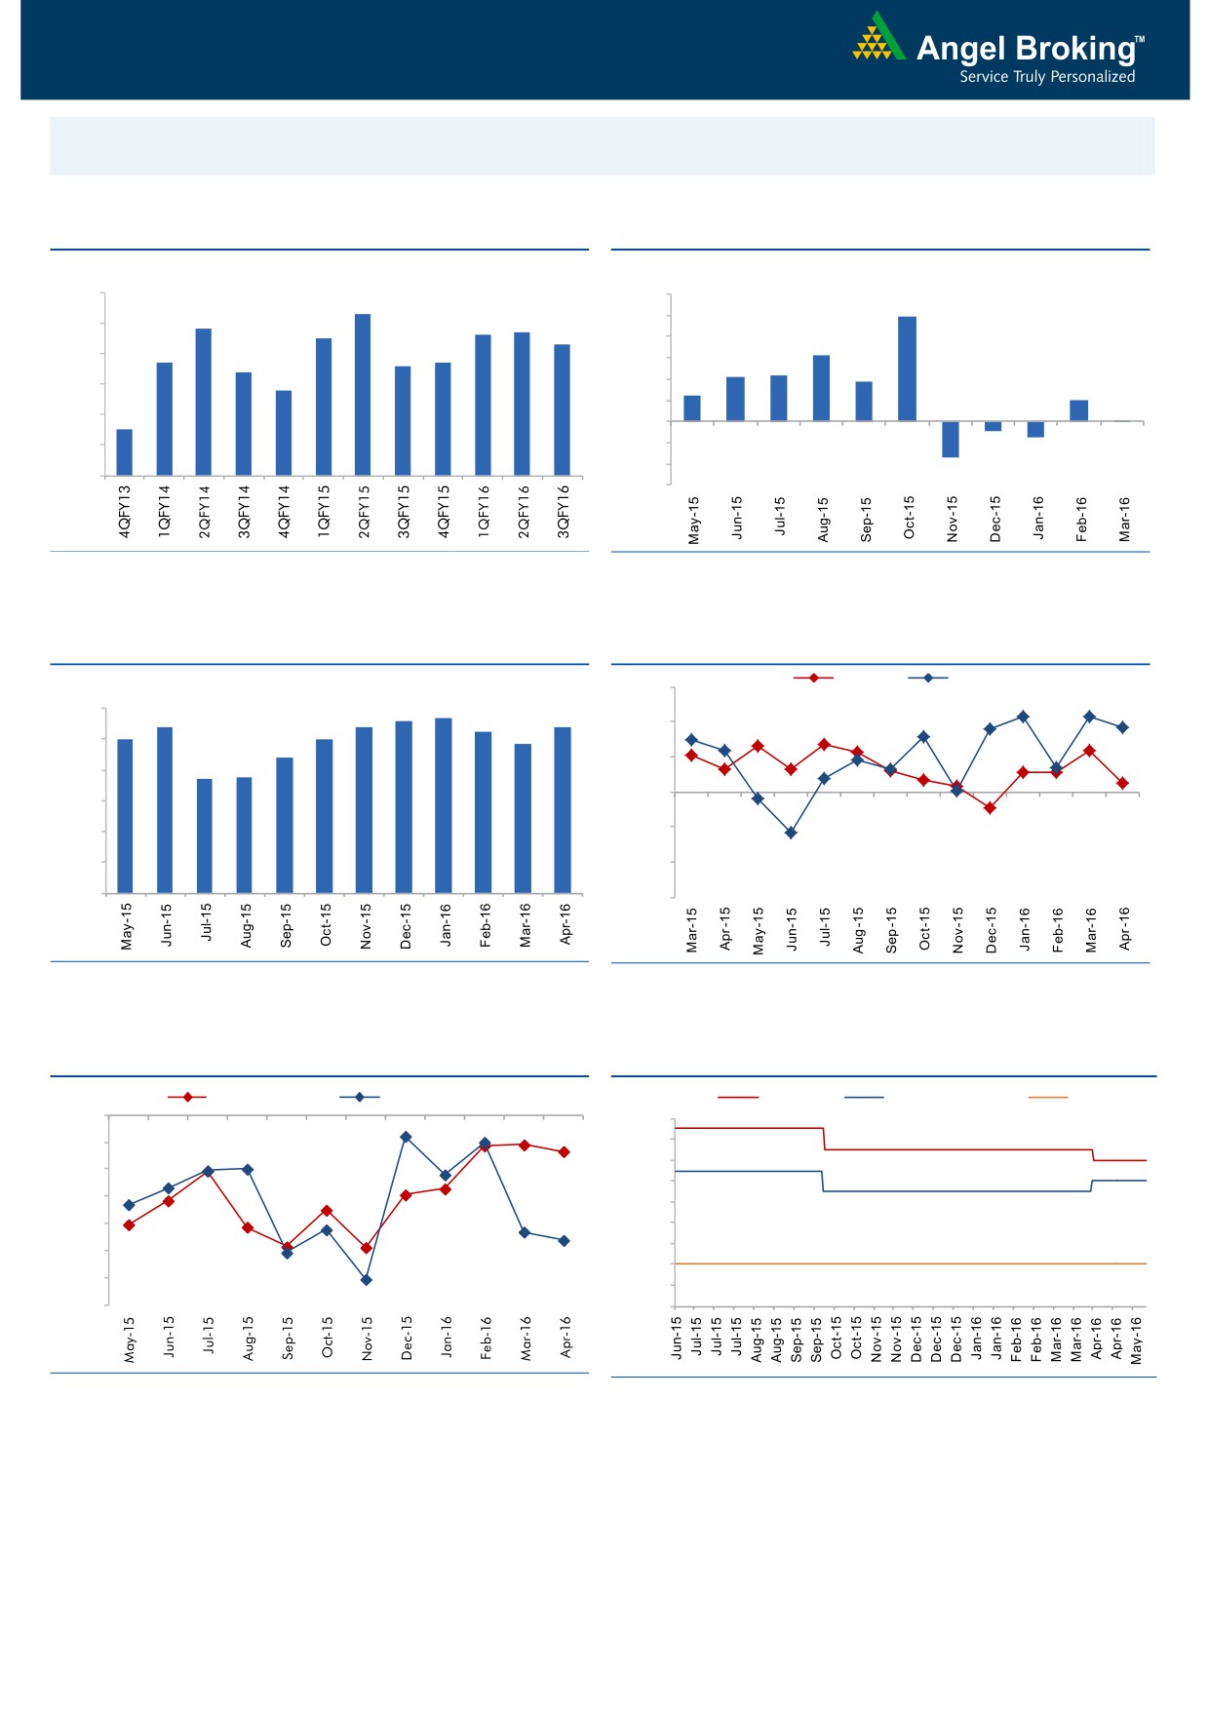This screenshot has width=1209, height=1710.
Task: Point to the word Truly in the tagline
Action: coord(1029,77)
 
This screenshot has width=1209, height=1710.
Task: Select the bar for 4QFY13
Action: coord(125,452)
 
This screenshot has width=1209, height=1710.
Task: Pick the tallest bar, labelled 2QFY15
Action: coord(363,395)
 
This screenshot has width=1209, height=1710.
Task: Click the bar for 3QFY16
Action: coord(562,409)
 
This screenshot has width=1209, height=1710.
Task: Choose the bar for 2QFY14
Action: coord(204,402)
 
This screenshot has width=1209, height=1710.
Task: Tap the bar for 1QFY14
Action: coord(165,419)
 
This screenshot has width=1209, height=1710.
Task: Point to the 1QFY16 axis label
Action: coord(484,512)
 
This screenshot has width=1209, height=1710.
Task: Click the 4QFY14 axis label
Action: coord(284,512)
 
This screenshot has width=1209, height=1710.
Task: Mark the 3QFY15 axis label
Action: coord(404,512)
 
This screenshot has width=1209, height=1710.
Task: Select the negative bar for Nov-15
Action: coord(951,439)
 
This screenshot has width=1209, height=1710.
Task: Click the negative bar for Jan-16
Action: coord(1035,429)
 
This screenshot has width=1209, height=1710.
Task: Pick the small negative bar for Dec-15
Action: coord(994,426)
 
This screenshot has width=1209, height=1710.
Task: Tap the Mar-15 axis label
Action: coord(692,930)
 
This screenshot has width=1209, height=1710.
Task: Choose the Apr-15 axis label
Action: coord(725,930)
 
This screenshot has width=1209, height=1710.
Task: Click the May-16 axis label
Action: coord(1136,1341)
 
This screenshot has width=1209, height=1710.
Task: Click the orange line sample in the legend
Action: coord(1048,1098)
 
